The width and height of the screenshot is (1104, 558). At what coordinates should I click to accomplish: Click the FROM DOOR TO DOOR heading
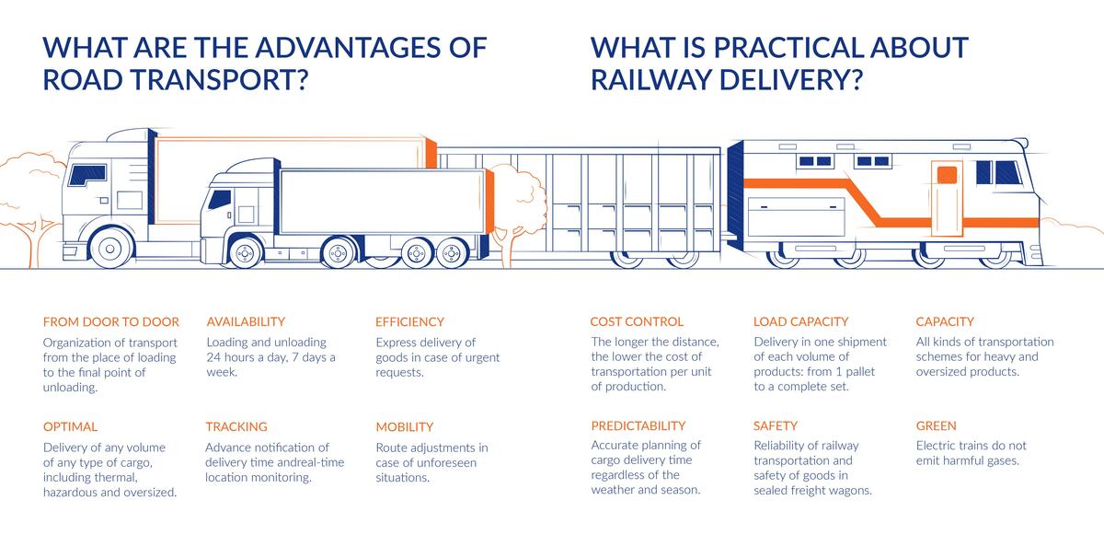110,322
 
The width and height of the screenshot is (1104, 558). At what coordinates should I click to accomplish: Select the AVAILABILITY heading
246,322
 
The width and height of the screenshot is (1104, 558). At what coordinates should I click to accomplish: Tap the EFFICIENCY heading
409,322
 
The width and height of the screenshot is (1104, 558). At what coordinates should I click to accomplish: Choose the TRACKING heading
236,427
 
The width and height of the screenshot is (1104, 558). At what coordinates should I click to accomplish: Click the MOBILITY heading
404,427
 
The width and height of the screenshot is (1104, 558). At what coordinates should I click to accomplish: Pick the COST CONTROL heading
637,322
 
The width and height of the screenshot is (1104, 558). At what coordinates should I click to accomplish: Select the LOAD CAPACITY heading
800,322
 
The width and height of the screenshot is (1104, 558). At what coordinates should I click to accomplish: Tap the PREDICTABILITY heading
638,426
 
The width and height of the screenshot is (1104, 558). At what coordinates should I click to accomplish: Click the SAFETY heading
776,426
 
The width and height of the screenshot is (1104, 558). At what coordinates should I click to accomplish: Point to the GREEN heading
936,426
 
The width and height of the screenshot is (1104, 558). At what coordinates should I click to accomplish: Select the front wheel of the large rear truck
112,248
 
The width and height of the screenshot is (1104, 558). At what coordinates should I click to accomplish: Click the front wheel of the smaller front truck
246,252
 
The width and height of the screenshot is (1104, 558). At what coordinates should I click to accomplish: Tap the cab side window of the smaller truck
220,199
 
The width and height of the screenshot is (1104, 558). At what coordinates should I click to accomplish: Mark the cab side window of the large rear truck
86,173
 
